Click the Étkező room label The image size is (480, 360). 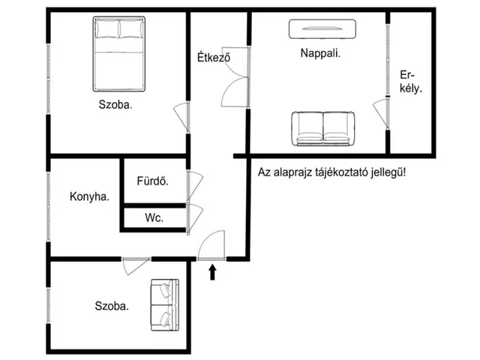pos(212,58)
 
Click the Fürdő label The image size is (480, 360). pos(151,181)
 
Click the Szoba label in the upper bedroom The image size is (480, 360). pos(115,105)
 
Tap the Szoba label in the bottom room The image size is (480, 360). pos(111,306)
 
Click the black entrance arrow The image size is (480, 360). pos(213,271)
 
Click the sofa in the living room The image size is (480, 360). pos(322,127)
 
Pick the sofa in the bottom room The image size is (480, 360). pos(164,305)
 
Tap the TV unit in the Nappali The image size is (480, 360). pos(322,28)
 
